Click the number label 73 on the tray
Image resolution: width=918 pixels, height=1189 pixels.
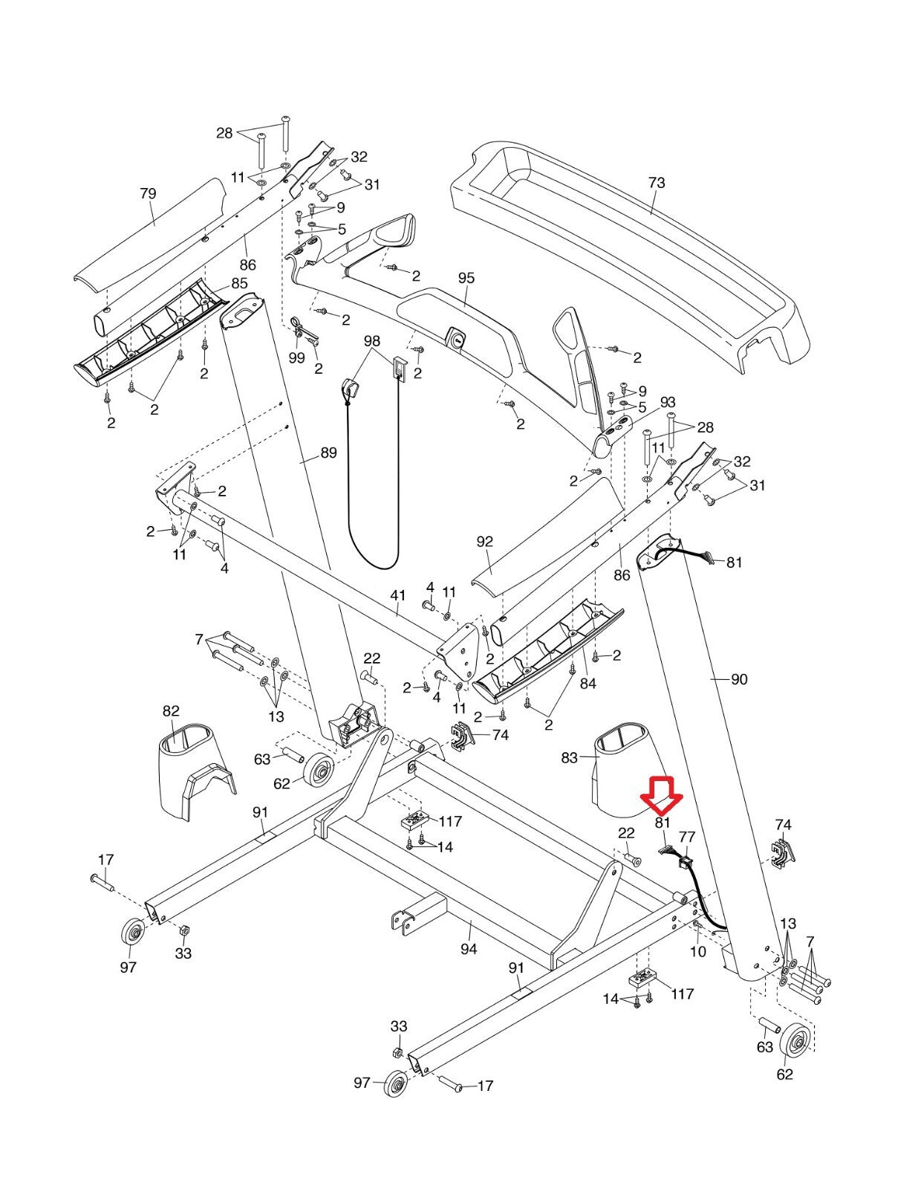point(657,183)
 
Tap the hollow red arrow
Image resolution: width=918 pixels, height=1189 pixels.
point(662,793)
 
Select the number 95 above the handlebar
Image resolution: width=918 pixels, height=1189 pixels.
point(466,278)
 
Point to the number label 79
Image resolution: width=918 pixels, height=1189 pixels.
point(148,194)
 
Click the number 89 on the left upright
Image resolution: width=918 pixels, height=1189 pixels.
point(328,453)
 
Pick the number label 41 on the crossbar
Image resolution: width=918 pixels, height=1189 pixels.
point(398,595)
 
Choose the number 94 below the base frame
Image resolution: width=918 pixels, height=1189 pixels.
point(469,949)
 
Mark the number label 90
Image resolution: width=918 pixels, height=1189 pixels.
point(739,679)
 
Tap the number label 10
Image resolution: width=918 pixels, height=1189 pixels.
point(698,952)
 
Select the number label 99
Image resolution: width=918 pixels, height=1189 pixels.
point(296,358)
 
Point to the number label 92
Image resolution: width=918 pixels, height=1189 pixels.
point(484,542)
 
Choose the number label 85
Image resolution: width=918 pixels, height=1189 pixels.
point(239,284)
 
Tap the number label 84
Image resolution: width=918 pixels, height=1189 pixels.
point(587,684)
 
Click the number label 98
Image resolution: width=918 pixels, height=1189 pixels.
point(372,341)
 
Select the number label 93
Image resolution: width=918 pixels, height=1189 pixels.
point(668,403)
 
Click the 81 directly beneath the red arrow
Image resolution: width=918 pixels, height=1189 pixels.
point(663,823)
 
